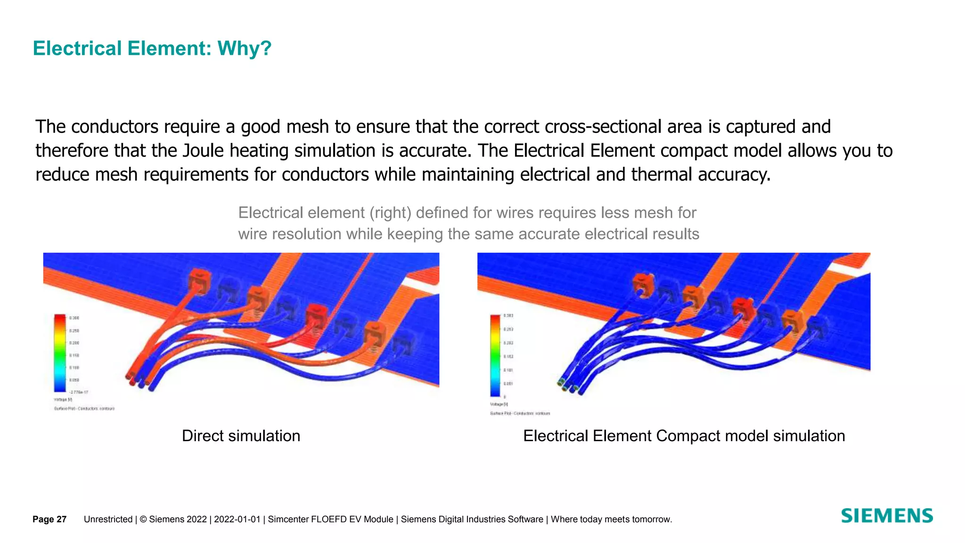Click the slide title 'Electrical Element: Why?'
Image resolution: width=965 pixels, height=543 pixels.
click(x=152, y=49)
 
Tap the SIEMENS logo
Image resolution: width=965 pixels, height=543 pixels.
click(x=886, y=516)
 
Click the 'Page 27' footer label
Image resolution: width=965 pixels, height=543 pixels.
click(x=49, y=519)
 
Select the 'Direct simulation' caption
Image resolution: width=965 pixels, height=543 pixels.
click(x=241, y=436)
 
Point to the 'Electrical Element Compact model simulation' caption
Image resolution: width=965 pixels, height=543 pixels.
click(x=684, y=436)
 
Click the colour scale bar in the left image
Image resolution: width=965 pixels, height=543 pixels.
click(x=60, y=353)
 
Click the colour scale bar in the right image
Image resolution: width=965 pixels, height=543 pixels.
click(x=495, y=355)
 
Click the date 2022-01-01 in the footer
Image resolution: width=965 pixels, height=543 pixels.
click(x=237, y=519)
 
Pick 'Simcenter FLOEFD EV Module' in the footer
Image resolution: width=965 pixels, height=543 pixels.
click(x=330, y=519)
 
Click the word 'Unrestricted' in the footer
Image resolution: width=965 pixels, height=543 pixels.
click(x=108, y=519)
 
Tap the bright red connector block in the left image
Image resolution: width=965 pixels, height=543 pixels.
click(x=316, y=314)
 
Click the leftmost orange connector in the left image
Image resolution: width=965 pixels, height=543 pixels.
click(x=199, y=281)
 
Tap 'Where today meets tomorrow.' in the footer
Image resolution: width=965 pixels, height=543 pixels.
click(x=611, y=519)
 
